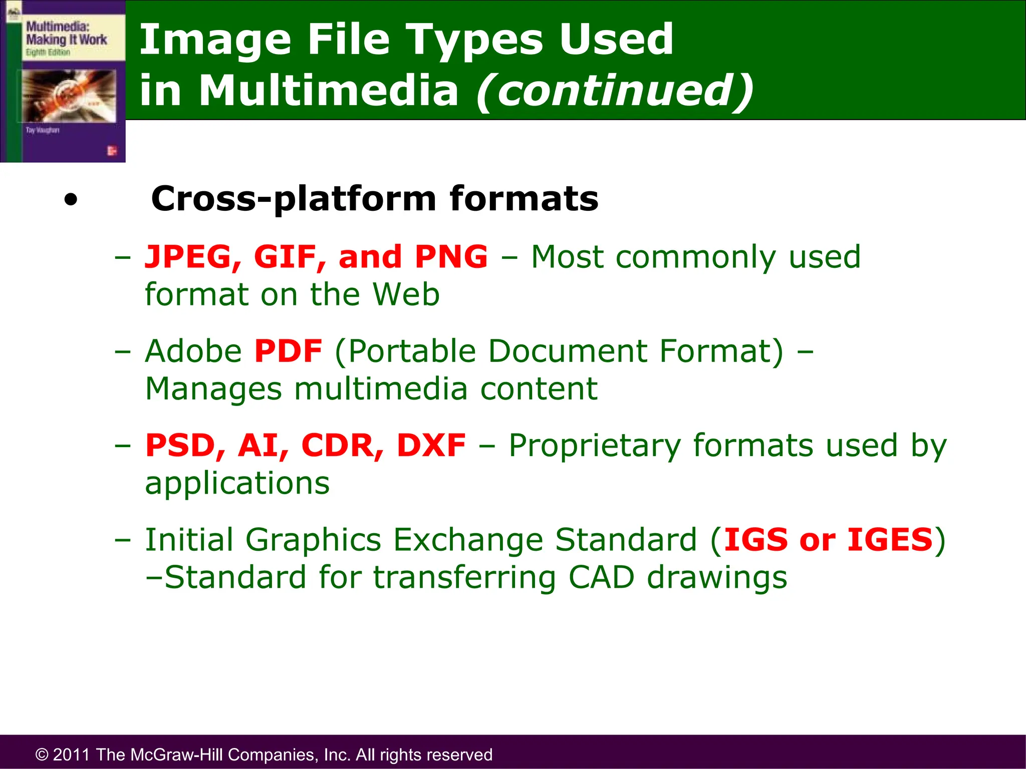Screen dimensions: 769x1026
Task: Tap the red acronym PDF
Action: tap(288, 351)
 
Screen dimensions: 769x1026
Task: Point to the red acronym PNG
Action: tap(451, 257)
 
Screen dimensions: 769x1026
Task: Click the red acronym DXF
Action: tap(431, 446)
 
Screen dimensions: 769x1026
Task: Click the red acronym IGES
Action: tap(890, 540)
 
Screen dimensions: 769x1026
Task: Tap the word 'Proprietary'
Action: tap(594, 446)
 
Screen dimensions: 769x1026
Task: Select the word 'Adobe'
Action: tap(193, 351)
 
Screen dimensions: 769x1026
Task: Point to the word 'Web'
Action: tap(406, 294)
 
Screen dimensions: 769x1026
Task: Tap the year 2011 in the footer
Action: tap(71, 754)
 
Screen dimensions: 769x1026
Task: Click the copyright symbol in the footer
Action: tap(42, 754)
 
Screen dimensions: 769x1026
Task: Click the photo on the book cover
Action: tap(69, 95)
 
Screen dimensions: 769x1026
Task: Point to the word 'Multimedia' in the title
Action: tap(329, 91)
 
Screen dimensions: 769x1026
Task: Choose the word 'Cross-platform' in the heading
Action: tap(294, 199)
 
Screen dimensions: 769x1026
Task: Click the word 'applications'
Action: tap(237, 483)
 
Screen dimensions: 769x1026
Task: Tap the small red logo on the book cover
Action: tap(112, 151)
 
